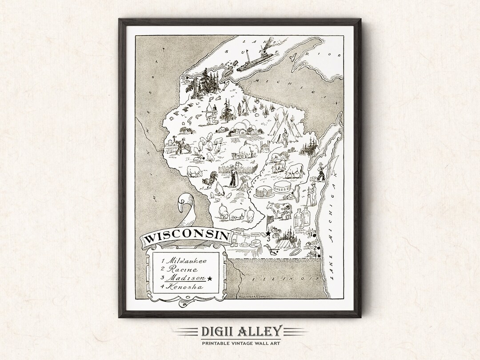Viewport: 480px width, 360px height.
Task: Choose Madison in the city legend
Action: [x=187, y=278]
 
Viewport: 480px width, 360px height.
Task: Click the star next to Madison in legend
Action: [x=210, y=279]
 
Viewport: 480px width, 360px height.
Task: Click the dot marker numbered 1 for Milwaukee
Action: [x=314, y=235]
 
